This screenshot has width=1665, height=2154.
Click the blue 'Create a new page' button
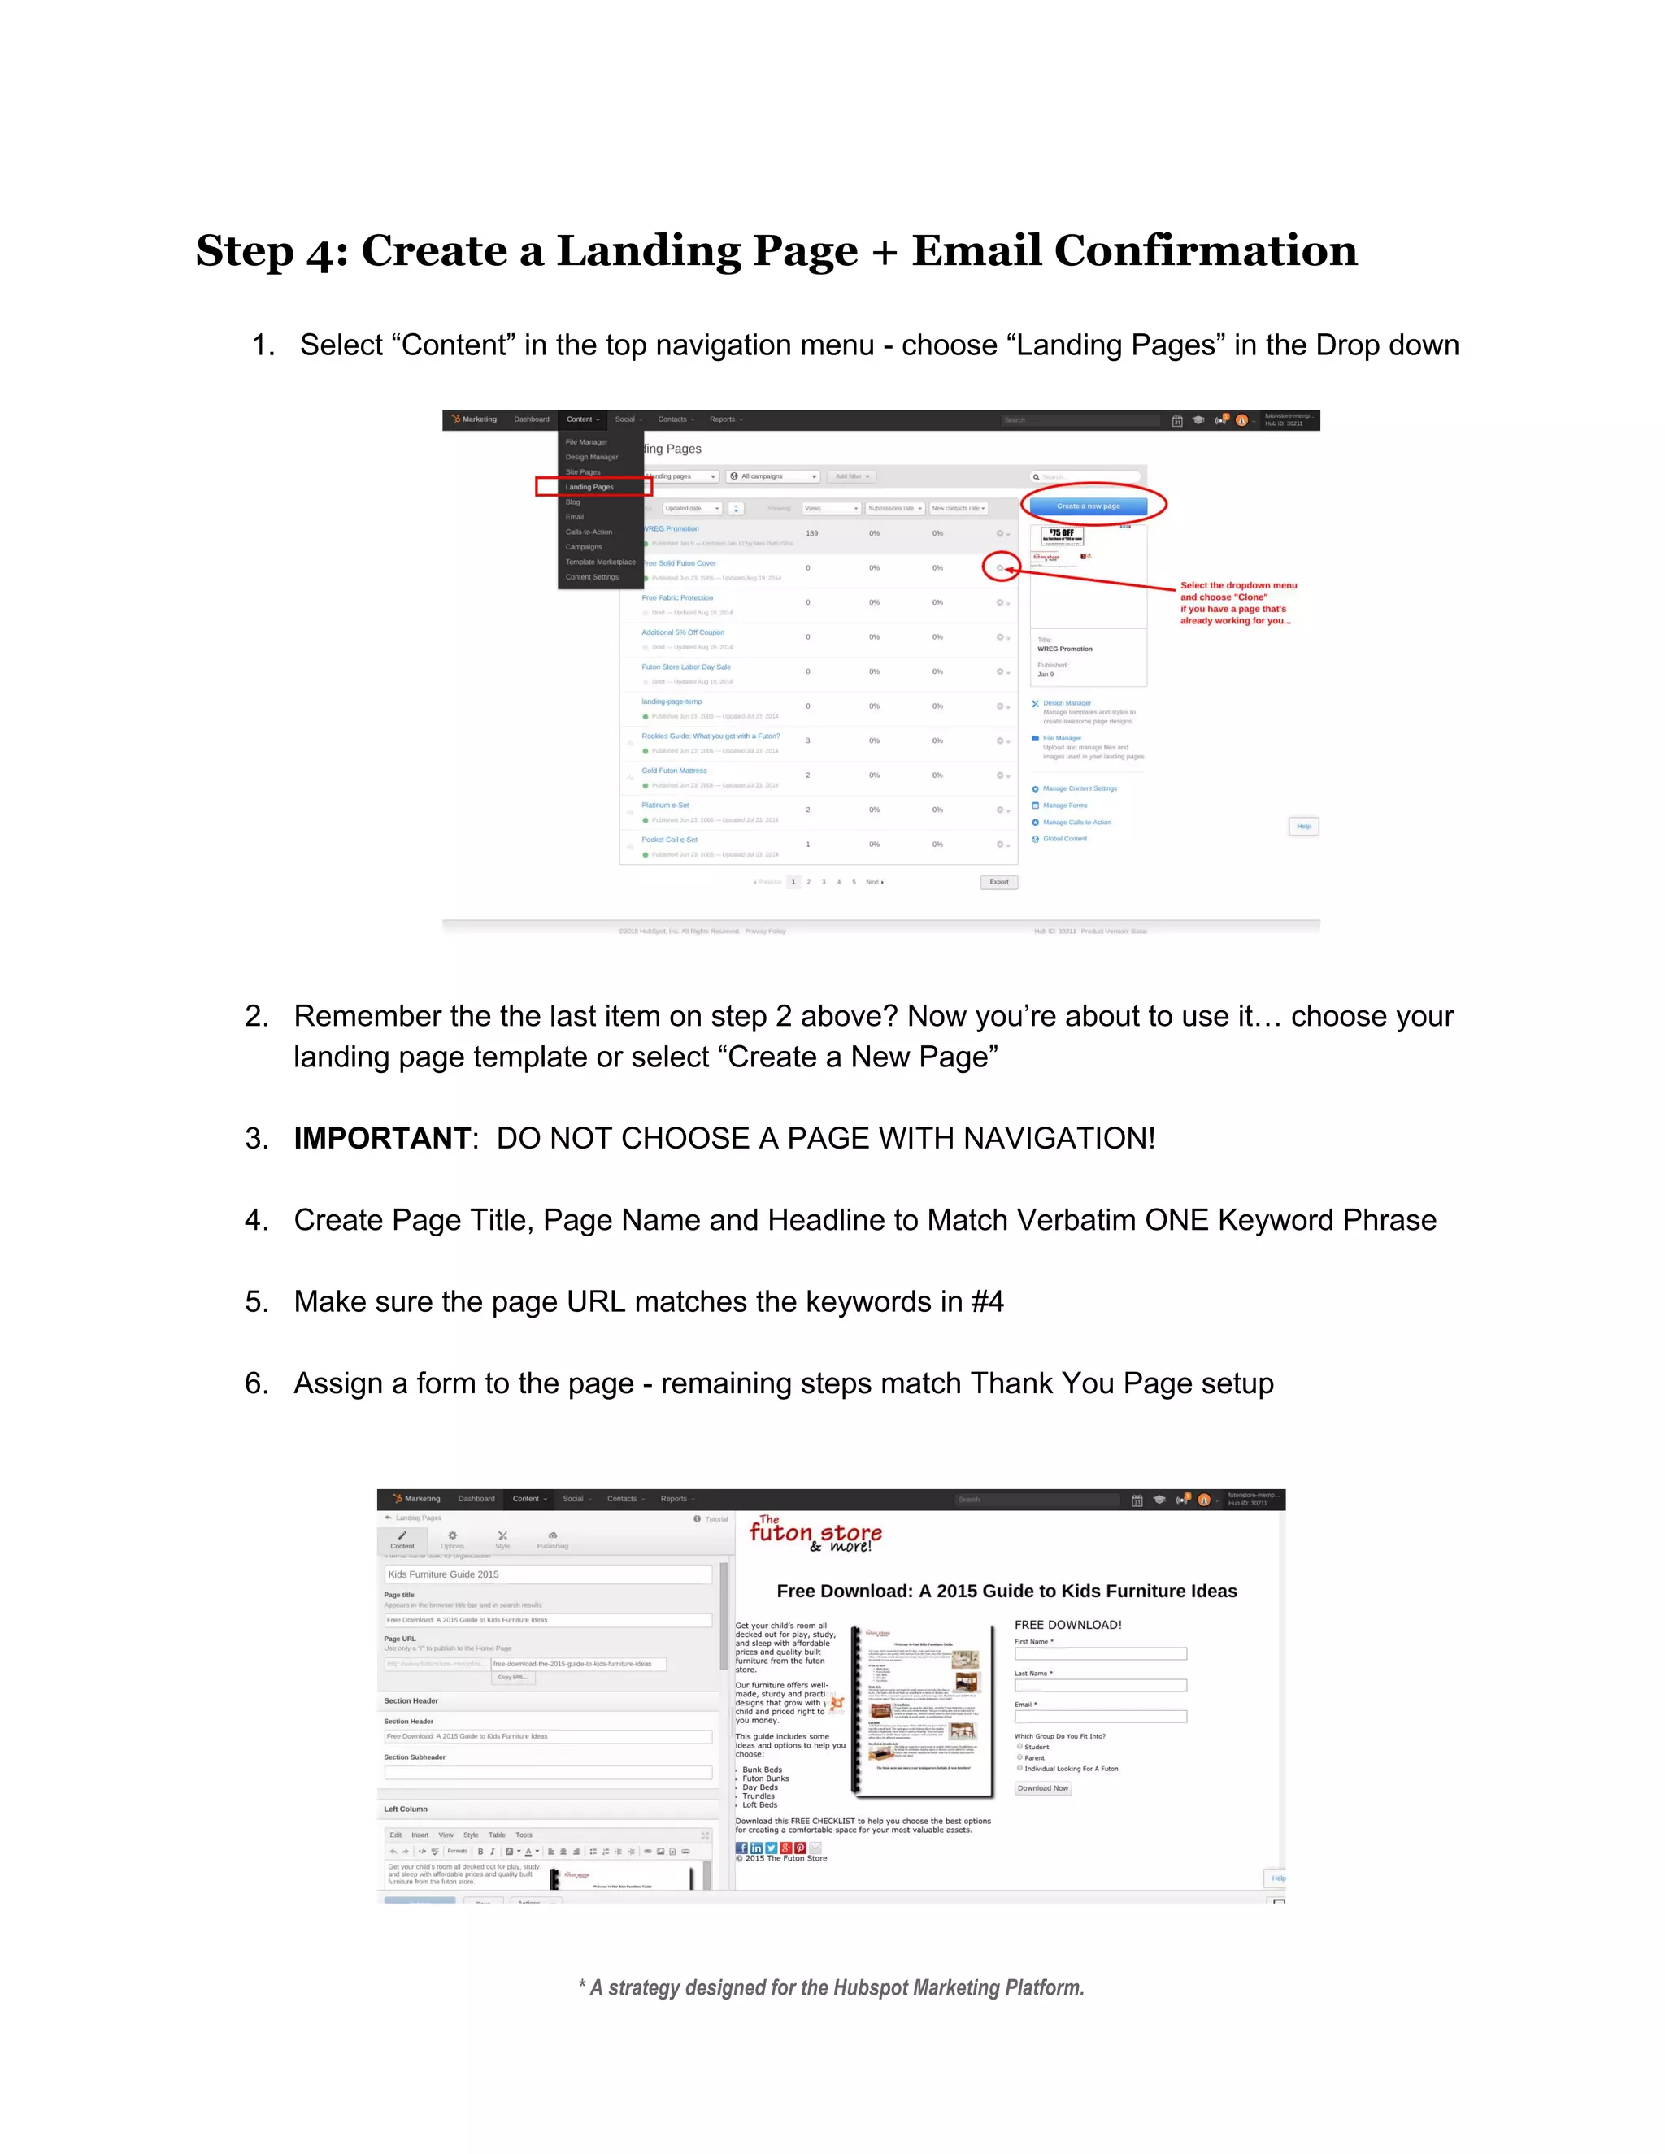(x=1088, y=506)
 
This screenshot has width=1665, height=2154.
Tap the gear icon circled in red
(x=999, y=568)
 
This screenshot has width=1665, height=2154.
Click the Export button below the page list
(x=998, y=882)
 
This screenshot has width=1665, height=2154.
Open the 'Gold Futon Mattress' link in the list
(x=674, y=771)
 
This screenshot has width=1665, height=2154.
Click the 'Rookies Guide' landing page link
(x=711, y=736)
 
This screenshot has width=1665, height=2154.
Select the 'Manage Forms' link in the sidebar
(x=1064, y=806)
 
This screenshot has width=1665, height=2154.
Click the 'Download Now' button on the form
(x=1042, y=1788)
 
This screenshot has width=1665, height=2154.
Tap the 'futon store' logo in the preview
(x=815, y=1534)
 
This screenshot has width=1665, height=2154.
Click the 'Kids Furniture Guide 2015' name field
(x=547, y=1574)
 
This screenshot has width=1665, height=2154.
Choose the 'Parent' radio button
(x=1020, y=1757)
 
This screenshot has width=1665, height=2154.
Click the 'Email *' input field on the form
(x=1100, y=1717)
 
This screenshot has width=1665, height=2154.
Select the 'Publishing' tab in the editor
(x=552, y=1540)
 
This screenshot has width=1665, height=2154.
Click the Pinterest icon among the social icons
(x=800, y=1848)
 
